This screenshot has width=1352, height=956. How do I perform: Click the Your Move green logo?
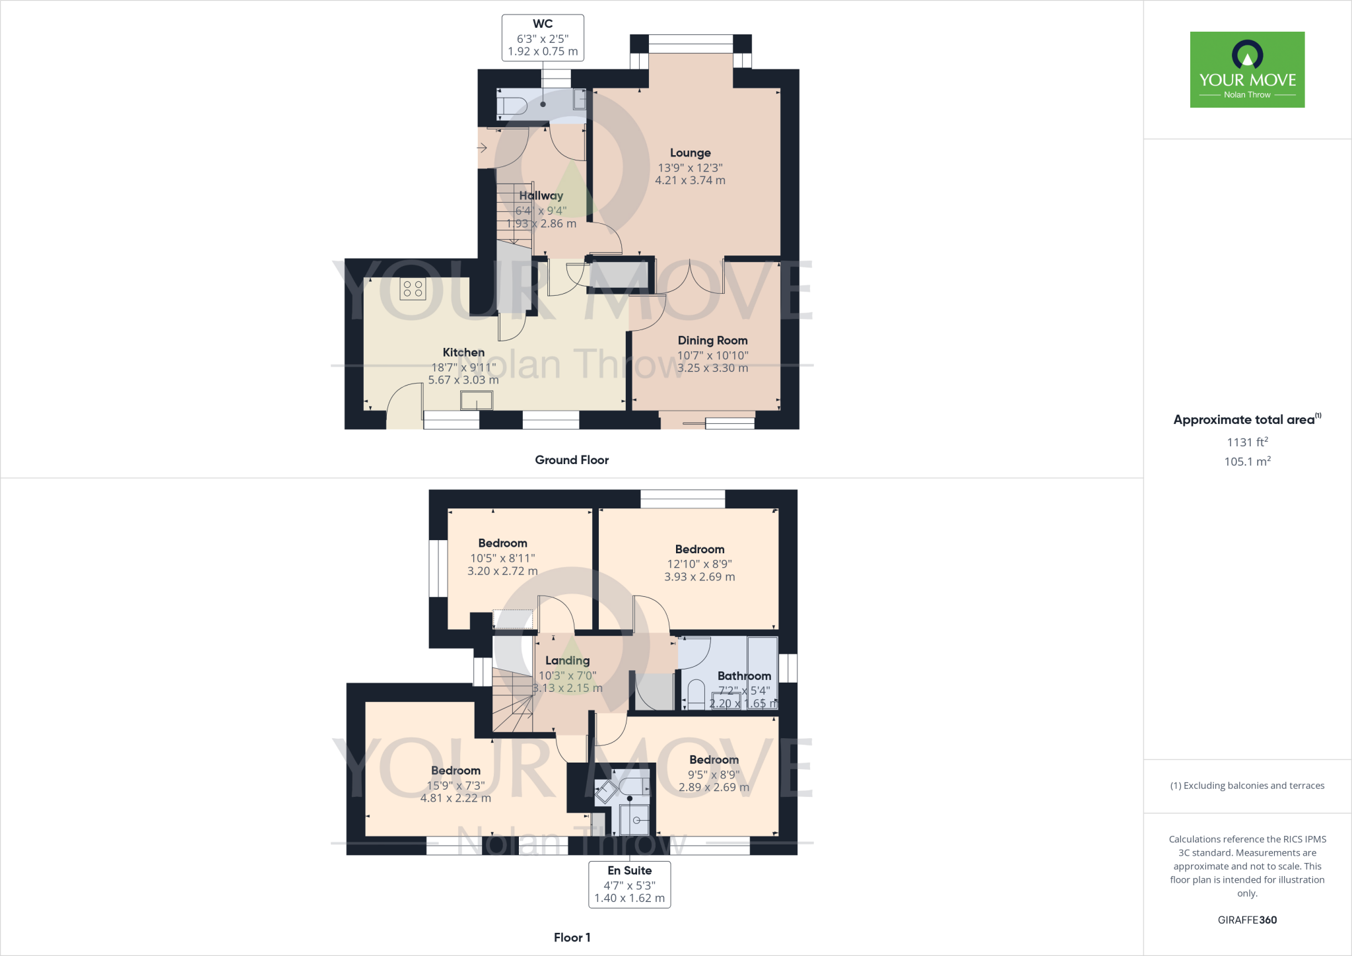tap(1247, 69)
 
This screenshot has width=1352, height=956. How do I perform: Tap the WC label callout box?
tap(543, 38)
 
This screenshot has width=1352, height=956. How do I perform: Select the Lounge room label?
tap(690, 153)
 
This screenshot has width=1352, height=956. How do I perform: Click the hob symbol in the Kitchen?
tap(413, 289)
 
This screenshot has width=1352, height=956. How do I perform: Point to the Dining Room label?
tap(712, 341)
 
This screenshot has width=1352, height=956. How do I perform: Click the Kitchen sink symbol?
tap(477, 400)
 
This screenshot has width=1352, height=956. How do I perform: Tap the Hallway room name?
tap(541, 195)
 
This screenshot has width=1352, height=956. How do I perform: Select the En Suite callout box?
tap(629, 884)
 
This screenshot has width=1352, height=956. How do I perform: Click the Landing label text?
tap(567, 660)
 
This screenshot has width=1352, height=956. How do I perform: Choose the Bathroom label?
tap(744, 676)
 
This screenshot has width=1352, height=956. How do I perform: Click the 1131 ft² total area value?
tap(1247, 442)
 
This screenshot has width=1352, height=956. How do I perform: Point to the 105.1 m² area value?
tap(1247, 461)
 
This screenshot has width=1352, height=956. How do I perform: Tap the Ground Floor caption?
tap(572, 460)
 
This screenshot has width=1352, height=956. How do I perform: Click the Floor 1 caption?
tap(572, 938)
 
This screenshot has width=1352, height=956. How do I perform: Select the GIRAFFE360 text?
tap(1247, 920)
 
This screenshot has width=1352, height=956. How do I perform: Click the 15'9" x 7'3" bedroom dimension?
tap(456, 786)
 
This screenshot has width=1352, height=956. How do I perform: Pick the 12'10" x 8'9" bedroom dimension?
tap(699, 564)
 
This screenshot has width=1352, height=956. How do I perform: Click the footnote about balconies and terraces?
tap(1247, 786)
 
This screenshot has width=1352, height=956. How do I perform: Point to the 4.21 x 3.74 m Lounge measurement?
tap(690, 180)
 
